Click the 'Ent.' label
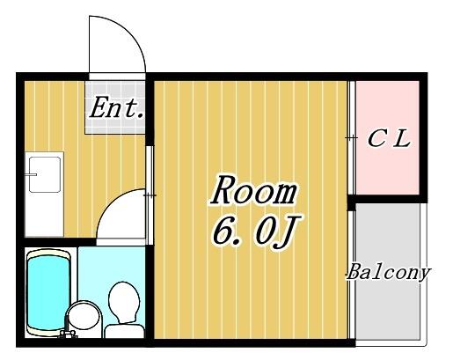[x=116, y=108]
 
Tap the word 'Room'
[x=253, y=190]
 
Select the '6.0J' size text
[x=252, y=231]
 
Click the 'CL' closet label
[x=389, y=139]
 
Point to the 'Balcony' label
[x=389, y=272]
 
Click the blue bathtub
[x=49, y=292]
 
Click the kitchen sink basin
[x=45, y=174]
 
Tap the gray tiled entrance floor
[x=115, y=107]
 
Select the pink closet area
[x=387, y=137]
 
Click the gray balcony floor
[x=387, y=271]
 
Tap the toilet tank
[x=124, y=331]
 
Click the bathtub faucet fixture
[x=68, y=334]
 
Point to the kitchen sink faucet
[x=31, y=175]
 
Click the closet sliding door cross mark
[x=351, y=137]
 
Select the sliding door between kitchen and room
[x=150, y=195]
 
